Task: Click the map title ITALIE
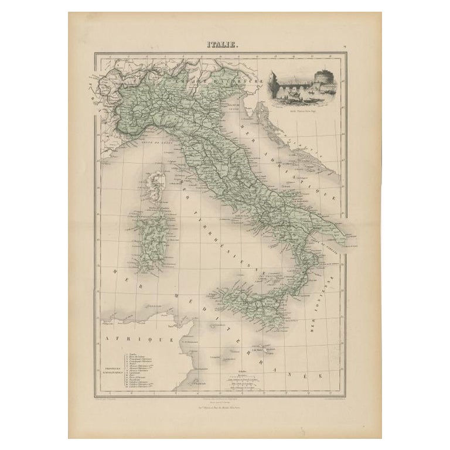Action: coord(221,43)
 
